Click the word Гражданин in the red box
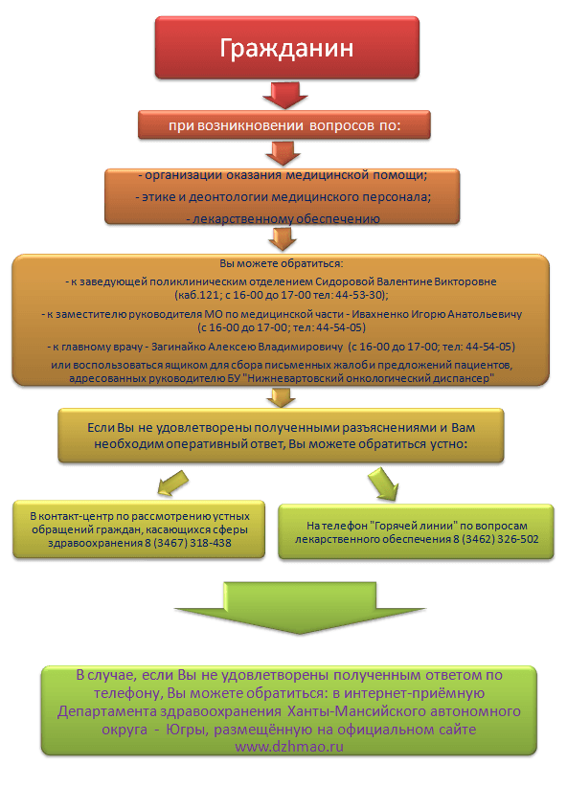point(286,48)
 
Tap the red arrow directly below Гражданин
point(284,95)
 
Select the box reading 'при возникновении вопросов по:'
point(284,125)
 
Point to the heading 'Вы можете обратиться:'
point(282,263)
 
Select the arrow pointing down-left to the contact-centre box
point(171,483)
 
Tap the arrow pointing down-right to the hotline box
point(384,483)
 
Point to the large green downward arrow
point(300,608)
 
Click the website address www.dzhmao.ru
point(289,747)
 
